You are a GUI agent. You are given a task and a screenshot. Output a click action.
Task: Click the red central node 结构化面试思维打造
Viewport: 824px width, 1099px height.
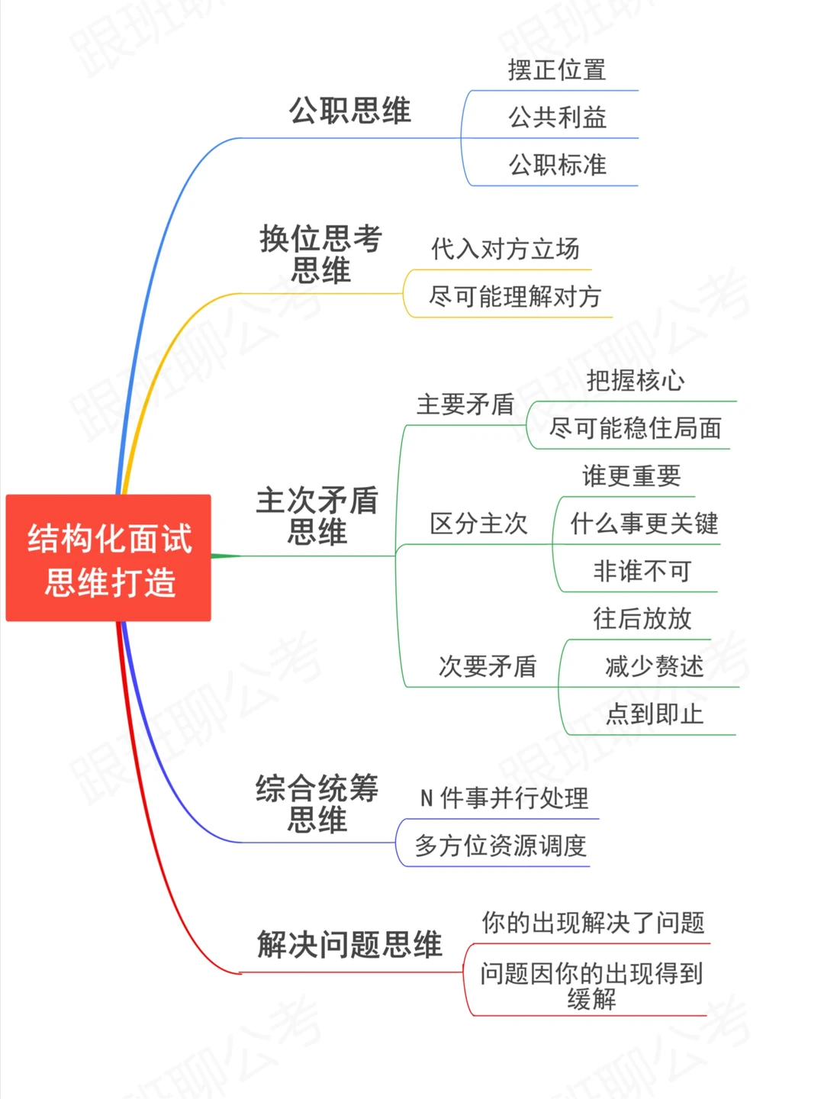click(x=108, y=559)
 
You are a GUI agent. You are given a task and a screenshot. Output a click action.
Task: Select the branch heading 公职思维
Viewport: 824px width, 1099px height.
click(x=349, y=111)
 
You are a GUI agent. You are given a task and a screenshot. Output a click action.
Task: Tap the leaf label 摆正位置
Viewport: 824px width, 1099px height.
click(x=557, y=70)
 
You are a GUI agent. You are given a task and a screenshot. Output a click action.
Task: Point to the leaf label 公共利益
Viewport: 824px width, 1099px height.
click(x=557, y=118)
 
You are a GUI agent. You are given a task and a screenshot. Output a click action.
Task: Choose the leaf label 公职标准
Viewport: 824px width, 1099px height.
click(x=557, y=165)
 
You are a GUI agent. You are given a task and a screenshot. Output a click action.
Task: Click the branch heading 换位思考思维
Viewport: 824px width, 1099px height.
click(x=320, y=254)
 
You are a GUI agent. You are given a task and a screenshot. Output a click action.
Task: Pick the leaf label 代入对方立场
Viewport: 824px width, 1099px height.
click(x=505, y=249)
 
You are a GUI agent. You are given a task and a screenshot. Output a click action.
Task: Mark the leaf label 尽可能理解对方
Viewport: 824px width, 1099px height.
click(x=515, y=296)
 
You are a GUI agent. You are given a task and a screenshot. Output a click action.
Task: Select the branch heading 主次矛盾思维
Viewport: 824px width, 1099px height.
click(x=317, y=516)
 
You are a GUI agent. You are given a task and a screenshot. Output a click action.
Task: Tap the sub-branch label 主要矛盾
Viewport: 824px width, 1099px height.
click(x=465, y=404)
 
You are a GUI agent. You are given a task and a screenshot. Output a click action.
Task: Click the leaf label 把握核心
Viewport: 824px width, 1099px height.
click(x=636, y=380)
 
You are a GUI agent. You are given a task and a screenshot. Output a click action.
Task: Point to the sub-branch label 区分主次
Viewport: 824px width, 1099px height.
click(x=478, y=524)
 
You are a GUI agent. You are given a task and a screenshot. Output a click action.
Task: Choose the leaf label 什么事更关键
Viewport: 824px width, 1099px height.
click(x=644, y=524)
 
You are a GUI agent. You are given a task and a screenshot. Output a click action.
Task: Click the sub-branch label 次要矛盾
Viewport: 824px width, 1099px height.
click(x=487, y=666)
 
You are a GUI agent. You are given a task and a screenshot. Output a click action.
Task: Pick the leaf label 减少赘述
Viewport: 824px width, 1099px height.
click(x=654, y=666)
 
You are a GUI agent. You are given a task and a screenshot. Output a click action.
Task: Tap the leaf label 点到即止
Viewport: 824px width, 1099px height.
click(x=654, y=714)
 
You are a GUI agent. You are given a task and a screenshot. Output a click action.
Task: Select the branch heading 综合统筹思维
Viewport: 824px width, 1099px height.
click(x=317, y=804)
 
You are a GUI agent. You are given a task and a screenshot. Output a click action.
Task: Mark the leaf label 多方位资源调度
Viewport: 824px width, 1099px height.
click(x=501, y=846)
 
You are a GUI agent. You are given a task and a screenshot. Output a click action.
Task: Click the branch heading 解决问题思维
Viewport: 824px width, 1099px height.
click(x=349, y=945)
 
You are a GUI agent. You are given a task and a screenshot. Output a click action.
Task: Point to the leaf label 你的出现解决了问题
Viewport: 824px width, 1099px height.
click(x=593, y=923)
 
